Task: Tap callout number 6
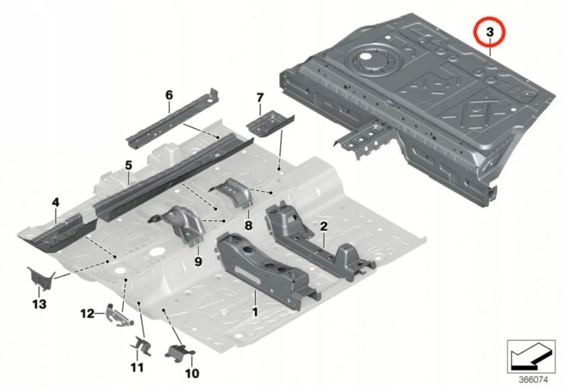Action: [169, 95]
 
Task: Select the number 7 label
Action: [259, 98]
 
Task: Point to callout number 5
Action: [128, 164]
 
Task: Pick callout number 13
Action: [39, 303]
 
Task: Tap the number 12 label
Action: [87, 314]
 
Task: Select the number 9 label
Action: [198, 261]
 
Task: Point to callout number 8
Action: [248, 225]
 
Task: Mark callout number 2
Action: [323, 226]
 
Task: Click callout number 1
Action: [255, 313]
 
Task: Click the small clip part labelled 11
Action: [141, 347]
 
